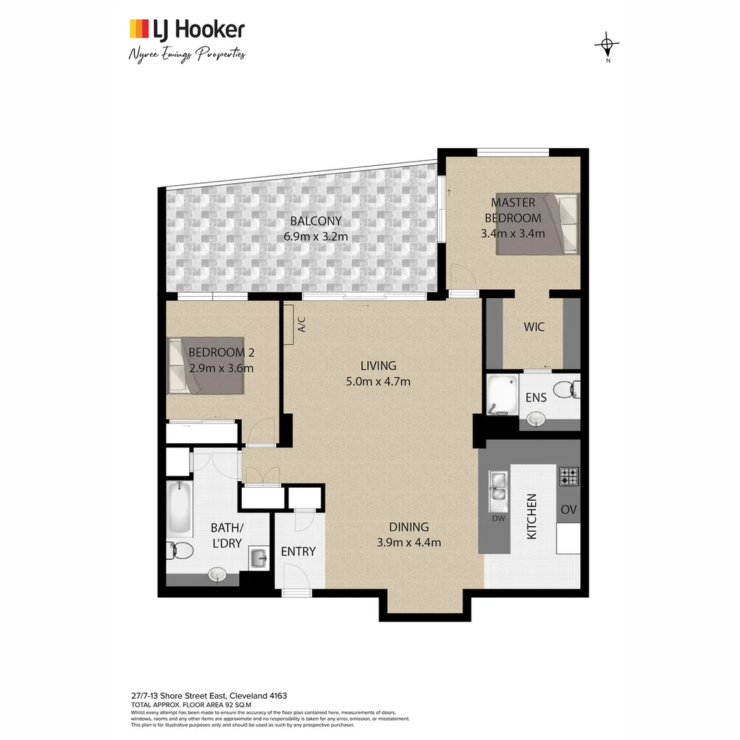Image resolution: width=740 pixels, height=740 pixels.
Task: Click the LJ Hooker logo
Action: (x=186, y=29)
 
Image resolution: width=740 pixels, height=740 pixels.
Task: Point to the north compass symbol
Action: (x=607, y=47)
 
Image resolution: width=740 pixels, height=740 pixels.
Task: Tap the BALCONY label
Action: (x=315, y=221)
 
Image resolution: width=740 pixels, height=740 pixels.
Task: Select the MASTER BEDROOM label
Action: (x=513, y=210)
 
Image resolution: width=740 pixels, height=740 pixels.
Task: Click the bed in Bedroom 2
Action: (x=206, y=365)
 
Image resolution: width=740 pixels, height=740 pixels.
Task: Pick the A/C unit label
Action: (x=301, y=324)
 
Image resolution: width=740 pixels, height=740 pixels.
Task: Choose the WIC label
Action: (x=534, y=328)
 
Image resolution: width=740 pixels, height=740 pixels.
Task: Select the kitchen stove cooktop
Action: (x=568, y=476)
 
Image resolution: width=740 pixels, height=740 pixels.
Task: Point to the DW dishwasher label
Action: (x=498, y=519)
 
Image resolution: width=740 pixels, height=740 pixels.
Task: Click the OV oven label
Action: (x=568, y=510)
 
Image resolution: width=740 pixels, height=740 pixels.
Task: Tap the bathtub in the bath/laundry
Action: (x=180, y=507)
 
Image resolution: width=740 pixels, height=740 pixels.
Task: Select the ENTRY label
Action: (x=299, y=552)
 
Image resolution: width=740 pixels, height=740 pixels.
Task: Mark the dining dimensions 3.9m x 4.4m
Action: (x=408, y=542)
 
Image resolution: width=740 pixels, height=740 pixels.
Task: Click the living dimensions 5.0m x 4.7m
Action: (x=378, y=382)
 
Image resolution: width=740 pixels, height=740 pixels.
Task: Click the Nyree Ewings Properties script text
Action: (x=186, y=54)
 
